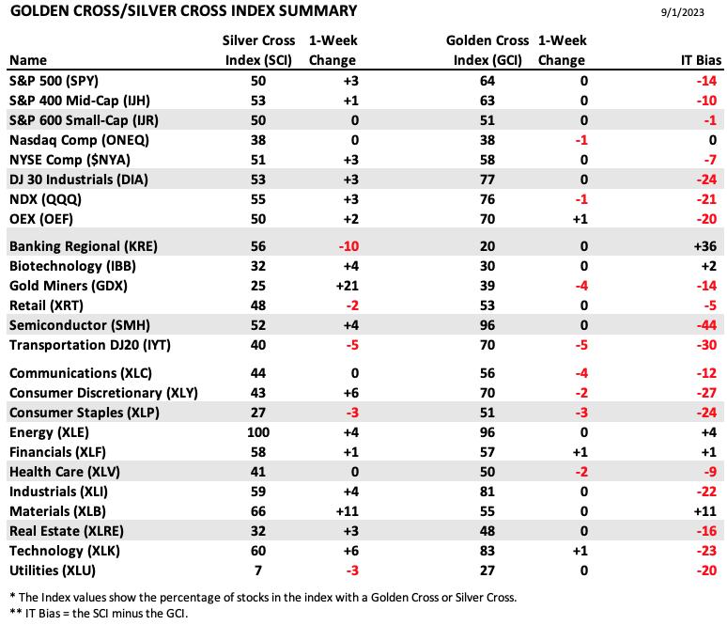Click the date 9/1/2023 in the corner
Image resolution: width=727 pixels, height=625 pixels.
(682, 12)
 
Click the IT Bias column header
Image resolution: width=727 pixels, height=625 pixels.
(701, 60)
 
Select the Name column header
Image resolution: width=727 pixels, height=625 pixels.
(28, 60)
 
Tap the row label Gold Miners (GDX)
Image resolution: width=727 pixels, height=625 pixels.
(69, 286)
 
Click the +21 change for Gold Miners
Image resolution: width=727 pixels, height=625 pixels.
(348, 286)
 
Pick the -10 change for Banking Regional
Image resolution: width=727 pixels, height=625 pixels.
(348, 246)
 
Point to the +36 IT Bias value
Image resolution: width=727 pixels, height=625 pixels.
(705, 246)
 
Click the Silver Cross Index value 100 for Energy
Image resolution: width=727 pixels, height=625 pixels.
(258, 432)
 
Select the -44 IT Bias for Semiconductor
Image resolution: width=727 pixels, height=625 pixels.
(706, 325)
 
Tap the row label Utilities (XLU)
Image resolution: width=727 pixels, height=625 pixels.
(53, 570)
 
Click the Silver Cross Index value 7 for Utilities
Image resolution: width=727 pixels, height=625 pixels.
(258, 570)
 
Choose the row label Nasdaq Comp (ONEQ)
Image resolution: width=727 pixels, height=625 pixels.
(79, 140)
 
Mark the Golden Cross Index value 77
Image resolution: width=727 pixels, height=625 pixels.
(487, 180)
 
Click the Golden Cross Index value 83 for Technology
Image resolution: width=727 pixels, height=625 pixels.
(487, 551)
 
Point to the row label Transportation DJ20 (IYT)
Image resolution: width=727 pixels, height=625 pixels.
(90, 345)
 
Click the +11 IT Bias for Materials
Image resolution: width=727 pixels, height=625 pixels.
(705, 511)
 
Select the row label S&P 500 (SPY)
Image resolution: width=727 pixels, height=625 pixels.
(54, 81)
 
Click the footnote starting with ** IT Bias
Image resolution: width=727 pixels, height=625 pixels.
(99, 614)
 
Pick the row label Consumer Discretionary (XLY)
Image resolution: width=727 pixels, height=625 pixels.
(103, 393)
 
